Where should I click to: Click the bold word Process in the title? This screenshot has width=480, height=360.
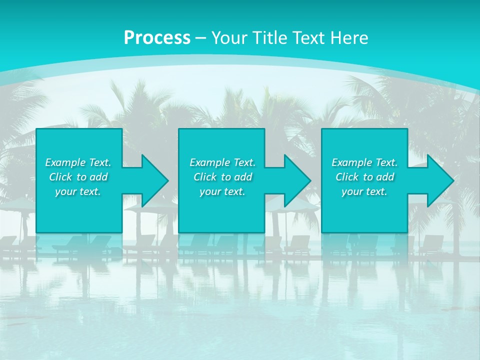point(157,38)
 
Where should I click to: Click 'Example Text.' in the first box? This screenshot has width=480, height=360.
point(78,162)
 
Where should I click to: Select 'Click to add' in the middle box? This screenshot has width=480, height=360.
point(222,177)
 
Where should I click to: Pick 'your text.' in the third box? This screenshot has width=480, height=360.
point(364,191)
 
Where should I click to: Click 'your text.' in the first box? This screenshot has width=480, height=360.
point(78,191)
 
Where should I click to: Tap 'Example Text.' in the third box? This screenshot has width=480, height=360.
point(364,162)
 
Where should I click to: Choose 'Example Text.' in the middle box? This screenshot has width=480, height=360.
point(222,162)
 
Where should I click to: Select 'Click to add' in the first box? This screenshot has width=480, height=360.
point(78,177)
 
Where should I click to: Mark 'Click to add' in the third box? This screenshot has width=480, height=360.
point(364,177)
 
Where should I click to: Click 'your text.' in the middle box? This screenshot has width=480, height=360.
point(222,191)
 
